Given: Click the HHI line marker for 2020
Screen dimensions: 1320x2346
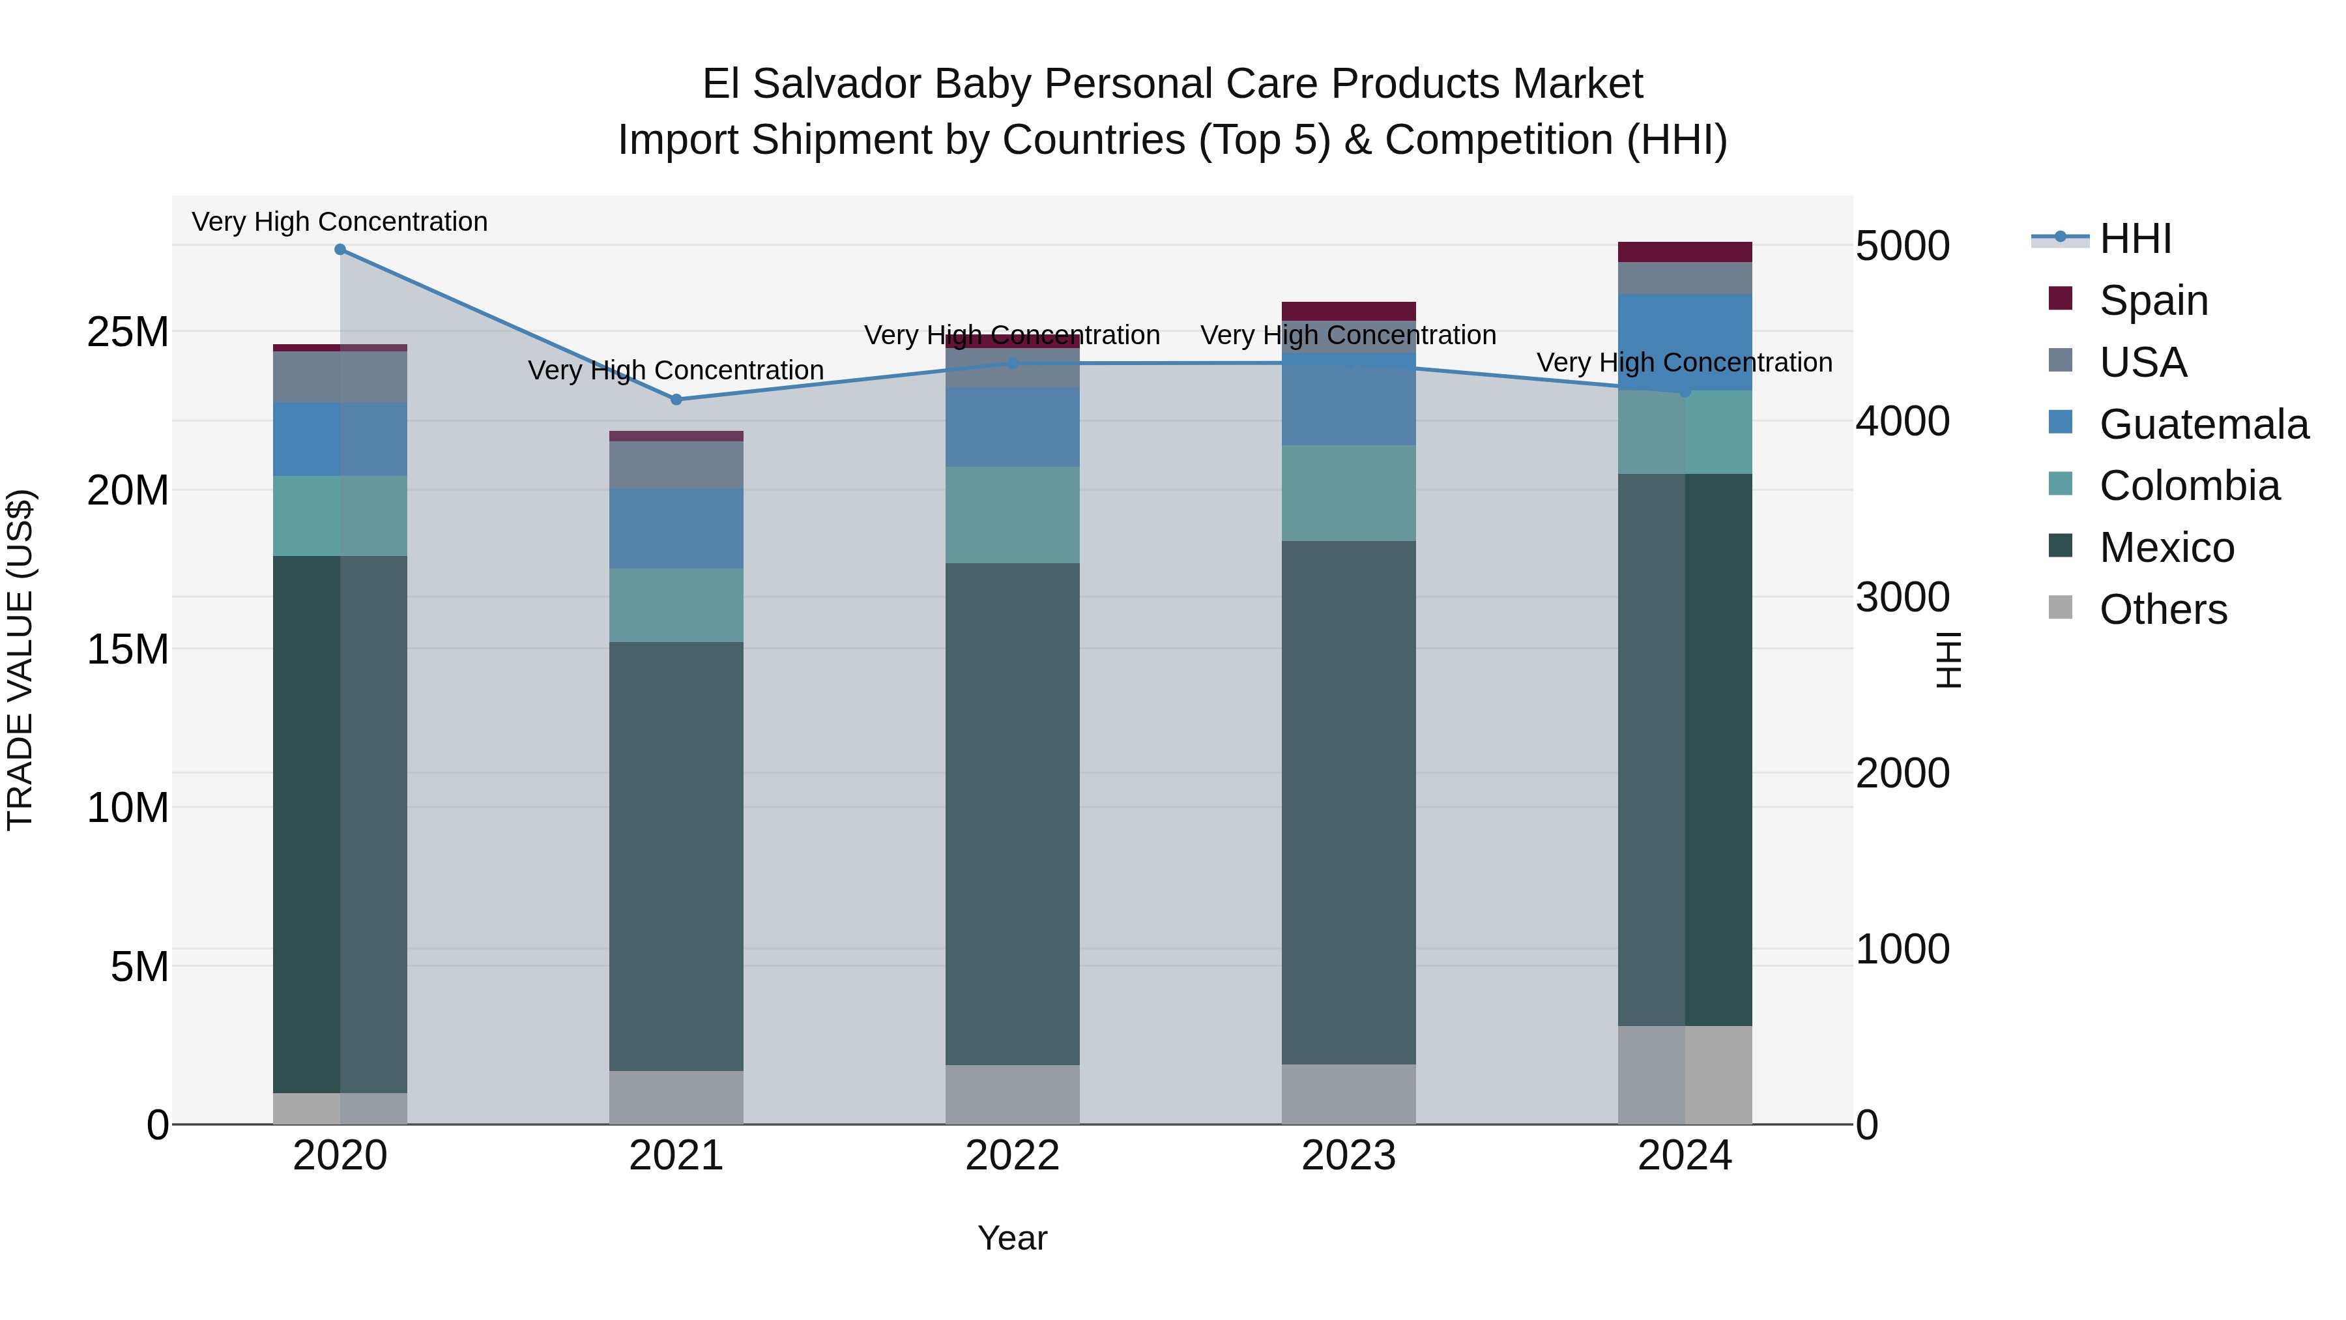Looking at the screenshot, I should pyautogui.click(x=340, y=250).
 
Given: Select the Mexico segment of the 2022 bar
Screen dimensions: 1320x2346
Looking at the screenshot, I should pyautogui.click(x=1012, y=814).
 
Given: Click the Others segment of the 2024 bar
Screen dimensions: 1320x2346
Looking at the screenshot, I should pyautogui.click(x=1684, y=1075).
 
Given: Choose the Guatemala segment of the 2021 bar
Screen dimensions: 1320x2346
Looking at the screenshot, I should pyautogui.click(x=676, y=529).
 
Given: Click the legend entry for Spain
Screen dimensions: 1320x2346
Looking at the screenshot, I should pyautogui.click(x=2153, y=301).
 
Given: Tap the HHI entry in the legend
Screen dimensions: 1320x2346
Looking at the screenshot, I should pyautogui.click(x=2135, y=239).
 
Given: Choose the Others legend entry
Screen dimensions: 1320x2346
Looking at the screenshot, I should pyautogui.click(x=2162, y=609).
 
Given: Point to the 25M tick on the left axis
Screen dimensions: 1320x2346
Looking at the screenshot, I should pyautogui.click(x=128, y=332).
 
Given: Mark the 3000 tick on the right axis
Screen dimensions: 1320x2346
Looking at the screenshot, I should pyautogui.click(x=1902, y=598).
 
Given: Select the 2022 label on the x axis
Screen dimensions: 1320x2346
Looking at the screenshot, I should pyautogui.click(x=1012, y=1156).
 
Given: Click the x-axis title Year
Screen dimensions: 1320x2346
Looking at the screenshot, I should pyautogui.click(x=1012, y=1238).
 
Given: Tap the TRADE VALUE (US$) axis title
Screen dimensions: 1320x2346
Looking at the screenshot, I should pyautogui.click(x=20, y=660).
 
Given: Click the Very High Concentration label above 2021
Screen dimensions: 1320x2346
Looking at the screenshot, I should pyautogui.click(x=676, y=371).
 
